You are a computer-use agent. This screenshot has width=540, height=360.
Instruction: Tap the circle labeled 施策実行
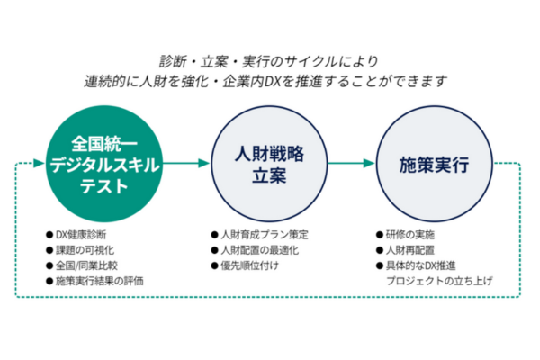(433, 164)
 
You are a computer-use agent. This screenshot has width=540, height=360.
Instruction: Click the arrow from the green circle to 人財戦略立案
(186, 164)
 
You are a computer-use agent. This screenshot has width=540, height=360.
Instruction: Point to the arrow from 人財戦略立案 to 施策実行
(350, 164)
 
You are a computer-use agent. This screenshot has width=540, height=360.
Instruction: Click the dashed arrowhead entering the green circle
(39, 164)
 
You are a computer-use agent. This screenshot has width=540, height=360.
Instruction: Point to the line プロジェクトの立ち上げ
(438, 282)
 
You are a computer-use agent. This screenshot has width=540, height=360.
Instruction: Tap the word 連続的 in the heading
(100, 81)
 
